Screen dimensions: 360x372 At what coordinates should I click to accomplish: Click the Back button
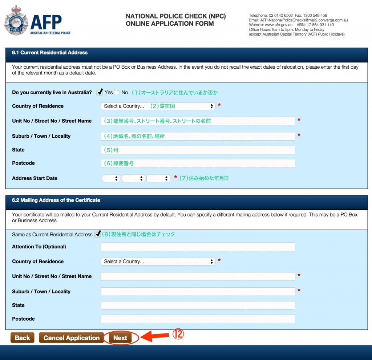coord(22,338)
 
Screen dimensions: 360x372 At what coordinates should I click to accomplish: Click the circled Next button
coord(120,338)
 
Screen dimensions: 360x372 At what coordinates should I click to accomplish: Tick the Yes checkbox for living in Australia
coord(100,93)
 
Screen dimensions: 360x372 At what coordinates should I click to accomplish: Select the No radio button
coord(116,93)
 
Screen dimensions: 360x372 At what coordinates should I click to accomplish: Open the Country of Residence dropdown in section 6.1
coord(158,106)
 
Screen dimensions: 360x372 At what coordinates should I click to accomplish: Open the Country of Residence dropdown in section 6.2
coord(158,262)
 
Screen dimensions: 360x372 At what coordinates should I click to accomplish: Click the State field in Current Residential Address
coord(198,150)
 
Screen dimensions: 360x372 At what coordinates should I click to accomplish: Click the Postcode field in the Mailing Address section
coord(198,319)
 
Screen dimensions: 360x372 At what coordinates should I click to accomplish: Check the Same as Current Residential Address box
coord(97,234)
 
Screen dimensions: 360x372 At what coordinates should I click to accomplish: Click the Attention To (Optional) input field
coord(198,247)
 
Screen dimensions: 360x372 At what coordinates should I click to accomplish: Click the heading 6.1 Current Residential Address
coord(50,53)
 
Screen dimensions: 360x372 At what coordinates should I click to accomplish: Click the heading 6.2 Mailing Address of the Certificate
coord(56,200)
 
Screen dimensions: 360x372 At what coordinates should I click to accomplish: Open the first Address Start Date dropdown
coord(111,178)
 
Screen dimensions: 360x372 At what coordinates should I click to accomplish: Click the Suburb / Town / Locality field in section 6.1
coord(198,136)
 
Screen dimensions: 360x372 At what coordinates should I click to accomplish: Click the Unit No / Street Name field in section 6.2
coord(198,276)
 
